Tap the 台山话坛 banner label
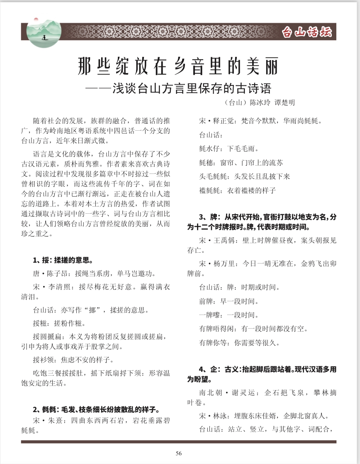pos(306,32)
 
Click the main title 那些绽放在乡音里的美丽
pos(179,66)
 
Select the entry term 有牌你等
pos(213,343)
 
